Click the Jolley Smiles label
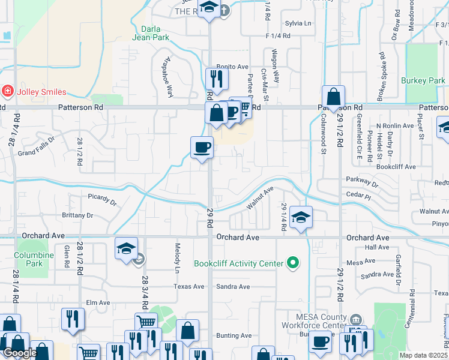click(41, 92)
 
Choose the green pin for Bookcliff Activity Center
click(293, 262)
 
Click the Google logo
click(19, 353)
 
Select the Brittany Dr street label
click(77, 215)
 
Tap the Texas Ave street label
click(185, 287)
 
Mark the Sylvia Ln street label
click(298, 23)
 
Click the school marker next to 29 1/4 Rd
click(301, 217)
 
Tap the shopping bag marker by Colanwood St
click(333, 97)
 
